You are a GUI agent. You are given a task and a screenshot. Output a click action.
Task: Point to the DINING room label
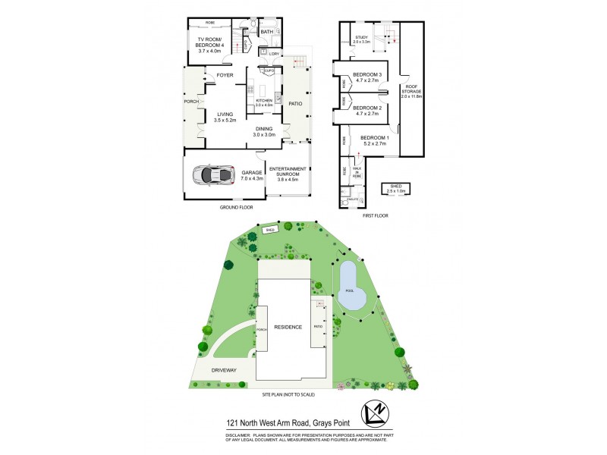pos(264,130)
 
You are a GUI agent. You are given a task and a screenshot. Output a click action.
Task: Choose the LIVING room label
pos(225,115)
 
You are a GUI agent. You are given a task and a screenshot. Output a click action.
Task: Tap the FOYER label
pos(225,76)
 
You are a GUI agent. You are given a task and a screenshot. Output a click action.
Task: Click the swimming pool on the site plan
pos(349,287)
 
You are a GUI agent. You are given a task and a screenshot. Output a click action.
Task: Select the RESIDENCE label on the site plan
pos(288,327)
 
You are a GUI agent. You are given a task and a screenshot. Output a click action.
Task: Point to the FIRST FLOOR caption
pos(375,215)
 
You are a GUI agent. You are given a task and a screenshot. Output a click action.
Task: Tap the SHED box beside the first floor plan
pos(395,190)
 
